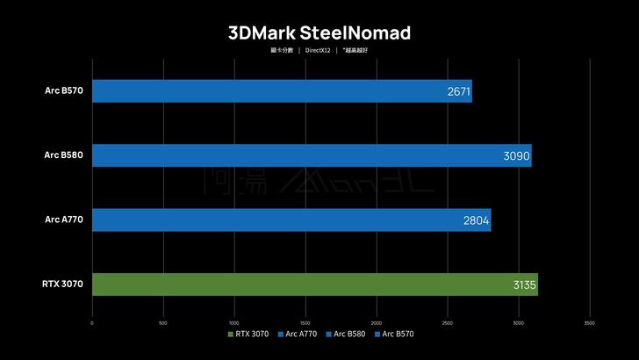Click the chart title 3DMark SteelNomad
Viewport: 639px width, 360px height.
coord(319,32)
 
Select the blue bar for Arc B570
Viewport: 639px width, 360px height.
coord(281,91)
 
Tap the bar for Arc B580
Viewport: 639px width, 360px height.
coord(311,155)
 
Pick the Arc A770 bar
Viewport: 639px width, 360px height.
coord(291,220)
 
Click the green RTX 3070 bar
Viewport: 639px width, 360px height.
coord(314,284)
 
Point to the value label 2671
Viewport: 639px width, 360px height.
coord(459,91)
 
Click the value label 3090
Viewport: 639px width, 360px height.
coord(517,155)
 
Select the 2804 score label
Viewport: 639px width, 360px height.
coord(477,220)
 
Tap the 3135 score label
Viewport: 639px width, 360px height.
coord(523,284)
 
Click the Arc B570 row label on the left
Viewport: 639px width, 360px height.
coord(63,90)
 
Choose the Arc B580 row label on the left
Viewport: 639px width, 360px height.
coord(63,155)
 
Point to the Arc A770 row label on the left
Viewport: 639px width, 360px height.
coord(63,219)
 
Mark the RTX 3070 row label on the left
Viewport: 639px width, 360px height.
coord(61,284)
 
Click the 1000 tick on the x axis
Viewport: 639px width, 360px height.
coord(233,322)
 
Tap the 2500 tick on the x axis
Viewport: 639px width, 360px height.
coord(448,322)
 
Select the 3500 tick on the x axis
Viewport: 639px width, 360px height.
coord(589,322)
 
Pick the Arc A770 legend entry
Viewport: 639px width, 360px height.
coord(298,335)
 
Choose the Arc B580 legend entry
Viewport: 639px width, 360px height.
coord(346,335)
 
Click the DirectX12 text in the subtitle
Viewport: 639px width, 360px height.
coord(318,50)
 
